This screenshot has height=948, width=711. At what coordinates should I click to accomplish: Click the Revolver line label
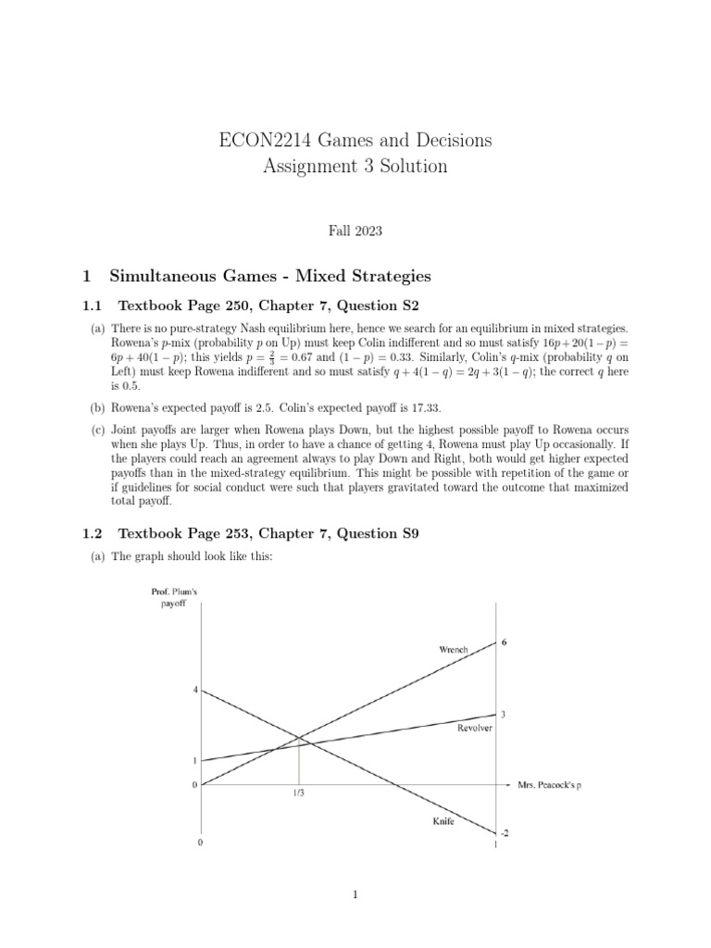pyautogui.click(x=475, y=729)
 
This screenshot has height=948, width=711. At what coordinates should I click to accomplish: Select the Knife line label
pyautogui.click(x=442, y=821)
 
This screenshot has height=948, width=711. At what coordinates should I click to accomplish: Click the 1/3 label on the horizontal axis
pyautogui.click(x=298, y=794)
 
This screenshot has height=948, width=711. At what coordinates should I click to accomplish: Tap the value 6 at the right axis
pyautogui.click(x=504, y=642)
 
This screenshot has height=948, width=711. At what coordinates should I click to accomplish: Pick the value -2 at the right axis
pyautogui.click(x=505, y=832)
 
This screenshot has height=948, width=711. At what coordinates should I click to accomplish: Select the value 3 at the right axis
pyautogui.click(x=504, y=714)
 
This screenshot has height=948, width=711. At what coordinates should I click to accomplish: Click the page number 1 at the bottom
pyautogui.click(x=355, y=895)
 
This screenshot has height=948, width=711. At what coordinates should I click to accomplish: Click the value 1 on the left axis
pyautogui.click(x=194, y=761)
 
